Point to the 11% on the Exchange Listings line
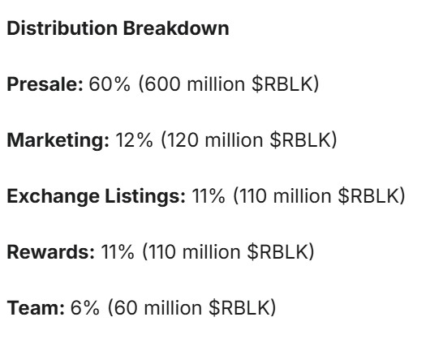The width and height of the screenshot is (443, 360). pyautogui.click(x=207, y=196)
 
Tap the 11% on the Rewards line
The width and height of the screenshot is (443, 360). pyautogui.click(x=118, y=252)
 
